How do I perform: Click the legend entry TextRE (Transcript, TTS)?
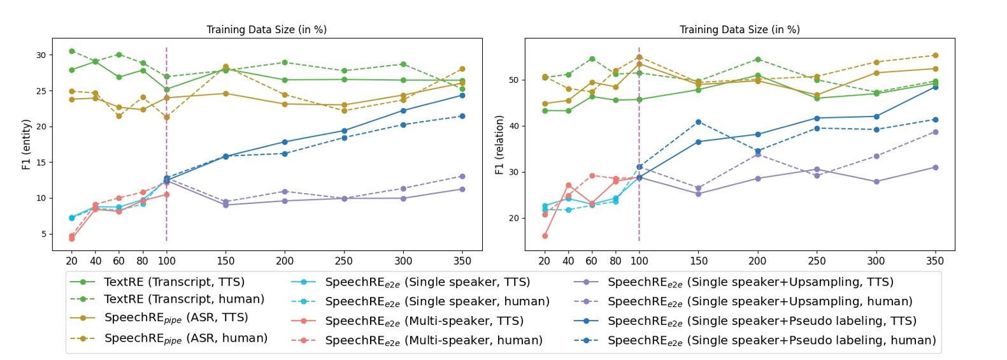pos(174,282)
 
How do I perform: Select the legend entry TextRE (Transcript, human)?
pos(183,299)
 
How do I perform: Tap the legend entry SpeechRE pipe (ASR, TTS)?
pos(176,318)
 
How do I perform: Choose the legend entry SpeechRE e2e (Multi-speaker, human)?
pos(433,340)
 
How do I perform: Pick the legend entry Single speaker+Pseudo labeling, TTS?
pos(762,321)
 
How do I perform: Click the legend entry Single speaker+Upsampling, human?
pos(760,301)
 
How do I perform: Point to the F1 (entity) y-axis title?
pos(26,144)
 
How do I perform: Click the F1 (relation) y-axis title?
pos(499,145)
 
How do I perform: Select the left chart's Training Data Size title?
pos(266,29)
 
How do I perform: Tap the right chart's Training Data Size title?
pos(739,29)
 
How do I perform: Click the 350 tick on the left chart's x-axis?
pos(462,261)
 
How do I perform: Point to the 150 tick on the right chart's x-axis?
pos(699,261)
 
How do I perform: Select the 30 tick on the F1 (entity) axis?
pos(41,55)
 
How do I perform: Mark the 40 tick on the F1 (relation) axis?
pos(513,126)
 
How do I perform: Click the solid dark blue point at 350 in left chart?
pos(462,96)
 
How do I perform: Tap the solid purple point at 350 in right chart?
pos(935,168)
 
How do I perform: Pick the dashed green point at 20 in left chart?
pos(72,51)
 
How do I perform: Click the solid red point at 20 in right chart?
pos(545,236)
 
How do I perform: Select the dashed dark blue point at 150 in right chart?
pos(699,122)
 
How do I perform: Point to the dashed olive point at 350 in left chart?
pos(462,69)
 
